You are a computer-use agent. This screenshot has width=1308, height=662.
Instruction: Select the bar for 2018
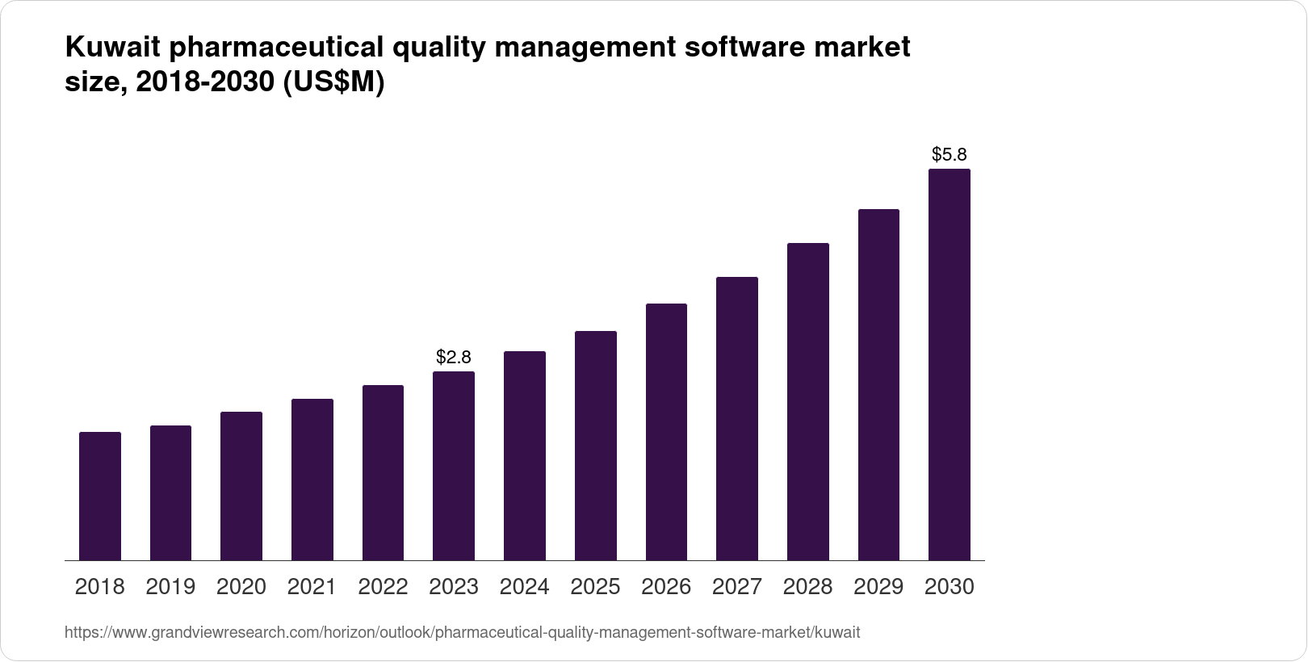coord(100,496)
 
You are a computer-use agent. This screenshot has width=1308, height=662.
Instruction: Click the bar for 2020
coord(241,486)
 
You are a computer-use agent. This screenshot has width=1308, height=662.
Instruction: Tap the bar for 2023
coord(454,466)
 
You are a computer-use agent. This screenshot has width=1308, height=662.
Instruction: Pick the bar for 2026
coord(666,432)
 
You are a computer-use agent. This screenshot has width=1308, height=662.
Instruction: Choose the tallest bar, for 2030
coord(950,364)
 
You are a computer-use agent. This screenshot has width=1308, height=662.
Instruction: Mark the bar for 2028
coord(807,401)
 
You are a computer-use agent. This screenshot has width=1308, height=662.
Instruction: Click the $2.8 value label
coord(454,357)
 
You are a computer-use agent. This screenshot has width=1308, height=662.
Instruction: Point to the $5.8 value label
coord(950,154)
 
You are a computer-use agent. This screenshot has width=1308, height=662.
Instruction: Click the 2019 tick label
coord(170,587)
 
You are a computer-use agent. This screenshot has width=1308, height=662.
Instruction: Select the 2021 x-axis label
coord(312,587)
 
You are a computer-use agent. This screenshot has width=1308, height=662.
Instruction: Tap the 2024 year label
coord(525,587)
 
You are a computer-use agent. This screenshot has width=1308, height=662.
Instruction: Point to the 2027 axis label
coord(737,587)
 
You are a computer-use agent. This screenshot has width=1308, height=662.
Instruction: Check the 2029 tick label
coord(878,587)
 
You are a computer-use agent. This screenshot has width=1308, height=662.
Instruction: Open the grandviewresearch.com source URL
coord(462,633)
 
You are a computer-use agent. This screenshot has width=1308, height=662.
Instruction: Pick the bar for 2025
coord(596,446)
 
